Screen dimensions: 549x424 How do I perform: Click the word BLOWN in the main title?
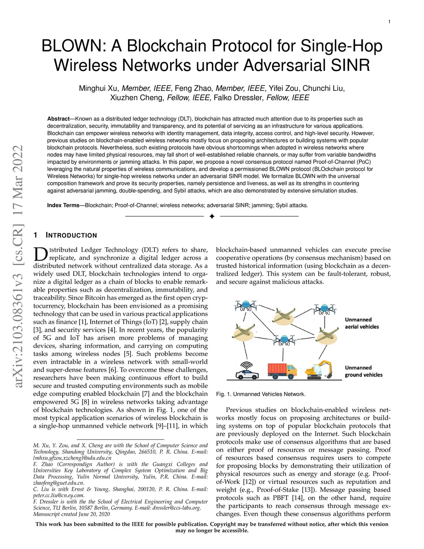point(73,46)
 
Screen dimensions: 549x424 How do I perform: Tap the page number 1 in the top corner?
point(389,22)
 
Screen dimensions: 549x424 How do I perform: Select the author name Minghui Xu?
point(99,88)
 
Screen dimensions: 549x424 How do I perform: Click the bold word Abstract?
point(58,119)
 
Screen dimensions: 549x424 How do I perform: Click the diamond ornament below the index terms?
point(212,216)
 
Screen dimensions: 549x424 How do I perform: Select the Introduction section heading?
point(71,235)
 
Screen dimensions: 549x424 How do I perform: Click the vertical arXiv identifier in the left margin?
point(18,267)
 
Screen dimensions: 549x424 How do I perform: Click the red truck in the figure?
point(282,370)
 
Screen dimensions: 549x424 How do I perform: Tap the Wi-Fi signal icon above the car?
point(247,365)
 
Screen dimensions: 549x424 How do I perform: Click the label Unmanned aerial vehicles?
point(361,323)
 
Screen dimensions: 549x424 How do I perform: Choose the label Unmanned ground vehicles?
point(363,371)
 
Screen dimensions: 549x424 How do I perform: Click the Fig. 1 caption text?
point(260,394)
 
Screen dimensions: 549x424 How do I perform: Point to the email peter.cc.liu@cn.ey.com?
point(59,495)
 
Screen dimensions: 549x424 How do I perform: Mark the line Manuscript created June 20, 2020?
point(72,514)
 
